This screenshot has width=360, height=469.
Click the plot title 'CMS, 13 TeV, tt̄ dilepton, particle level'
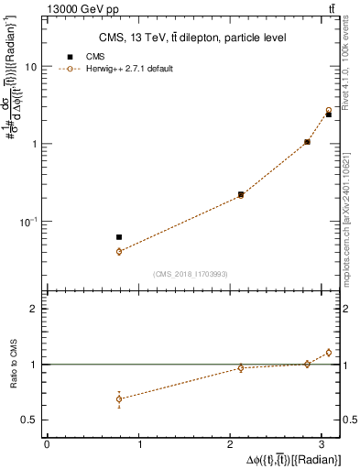(192, 38)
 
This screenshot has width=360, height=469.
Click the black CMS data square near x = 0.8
(119, 237)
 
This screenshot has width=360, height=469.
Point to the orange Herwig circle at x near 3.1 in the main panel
(328, 110)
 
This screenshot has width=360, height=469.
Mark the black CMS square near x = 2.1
(241, 194)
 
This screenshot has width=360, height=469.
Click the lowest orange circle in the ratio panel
(119, 398)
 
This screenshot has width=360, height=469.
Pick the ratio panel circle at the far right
(328, 352)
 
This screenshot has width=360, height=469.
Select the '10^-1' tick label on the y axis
(30, 221)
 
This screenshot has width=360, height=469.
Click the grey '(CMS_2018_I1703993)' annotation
(192, 274)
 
